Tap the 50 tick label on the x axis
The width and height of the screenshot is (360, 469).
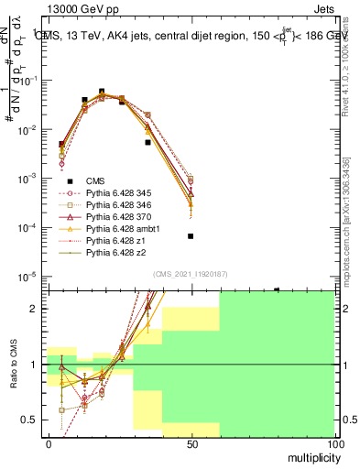(x=191, y=443)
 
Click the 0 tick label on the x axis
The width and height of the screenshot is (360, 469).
(x=48, y=443)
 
